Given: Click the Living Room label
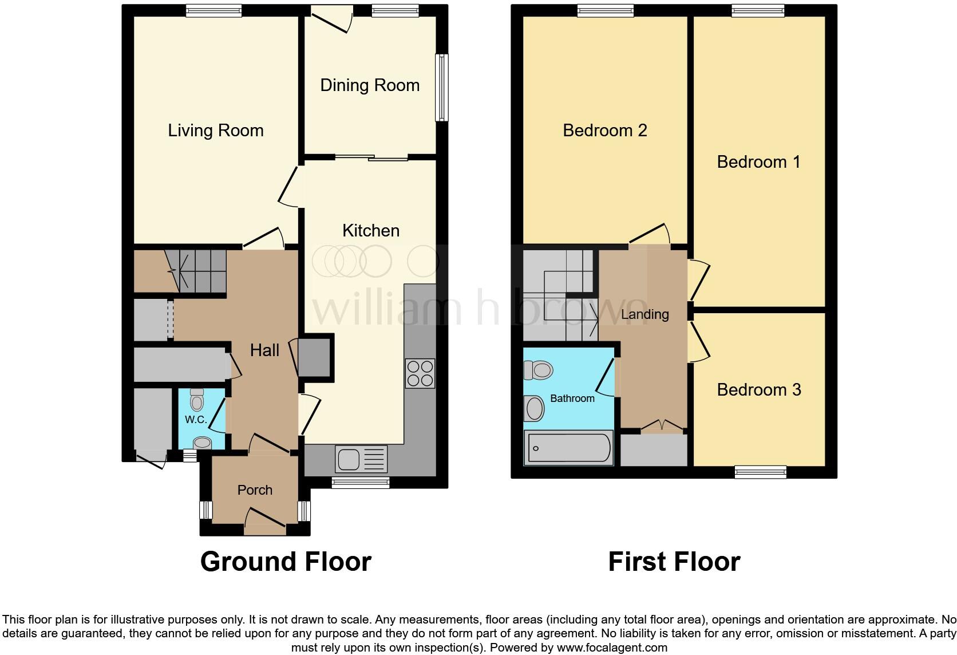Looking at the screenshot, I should click(215, 131).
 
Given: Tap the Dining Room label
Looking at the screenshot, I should click(370, 85).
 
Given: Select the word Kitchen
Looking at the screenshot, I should click(371, 231).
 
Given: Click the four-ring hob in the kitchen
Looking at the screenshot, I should click(420, 373).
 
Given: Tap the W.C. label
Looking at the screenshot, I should click(196, 420).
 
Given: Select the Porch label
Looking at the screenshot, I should click(255, 490).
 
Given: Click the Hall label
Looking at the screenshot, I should click(264, 350).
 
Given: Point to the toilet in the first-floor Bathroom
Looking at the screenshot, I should click(538, 370).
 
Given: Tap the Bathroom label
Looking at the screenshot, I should click(572, 398).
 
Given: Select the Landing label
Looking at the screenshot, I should click(644, 314).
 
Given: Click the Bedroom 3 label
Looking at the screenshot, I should click(759, 390).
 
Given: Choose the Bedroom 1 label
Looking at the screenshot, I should click(759, 162).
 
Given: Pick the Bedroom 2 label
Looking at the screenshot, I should click(605, 131).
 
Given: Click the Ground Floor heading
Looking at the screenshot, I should click(286, 562).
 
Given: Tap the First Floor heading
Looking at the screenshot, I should click(674, 562).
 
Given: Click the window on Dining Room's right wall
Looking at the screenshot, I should click(441, 88).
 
